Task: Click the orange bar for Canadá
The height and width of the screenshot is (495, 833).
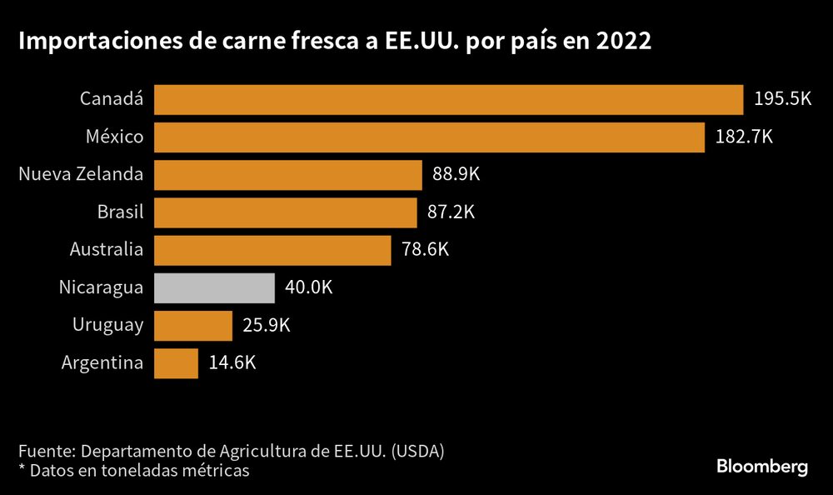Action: point(448,99)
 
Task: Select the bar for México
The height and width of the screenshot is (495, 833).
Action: point(429,137)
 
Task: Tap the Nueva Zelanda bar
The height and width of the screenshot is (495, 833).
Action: point(288,175)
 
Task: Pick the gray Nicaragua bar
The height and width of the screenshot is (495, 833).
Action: point(214,287)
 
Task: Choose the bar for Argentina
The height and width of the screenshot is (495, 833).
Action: point(176,363)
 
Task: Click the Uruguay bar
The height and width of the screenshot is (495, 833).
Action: point(193,325)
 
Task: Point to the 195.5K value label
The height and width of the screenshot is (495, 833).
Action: point(782,99)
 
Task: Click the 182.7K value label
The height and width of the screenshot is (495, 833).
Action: point(744,137)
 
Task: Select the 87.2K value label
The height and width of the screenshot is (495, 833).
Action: point(451,212)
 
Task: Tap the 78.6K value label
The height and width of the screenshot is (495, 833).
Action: point(425,250)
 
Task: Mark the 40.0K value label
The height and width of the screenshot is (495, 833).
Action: point(308,287)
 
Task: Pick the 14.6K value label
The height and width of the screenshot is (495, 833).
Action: point(232,363)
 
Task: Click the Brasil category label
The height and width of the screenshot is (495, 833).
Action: point(121,212)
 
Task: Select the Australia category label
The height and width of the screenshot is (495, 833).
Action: point(107,250)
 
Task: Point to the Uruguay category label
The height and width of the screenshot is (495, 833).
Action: point(107,326)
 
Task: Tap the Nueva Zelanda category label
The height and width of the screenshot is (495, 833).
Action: point(81,175)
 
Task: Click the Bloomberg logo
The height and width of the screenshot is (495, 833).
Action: point(762,467)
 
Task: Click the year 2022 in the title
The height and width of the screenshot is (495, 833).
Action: point(624,42)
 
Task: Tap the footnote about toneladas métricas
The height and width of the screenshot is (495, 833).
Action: point(133,471)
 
